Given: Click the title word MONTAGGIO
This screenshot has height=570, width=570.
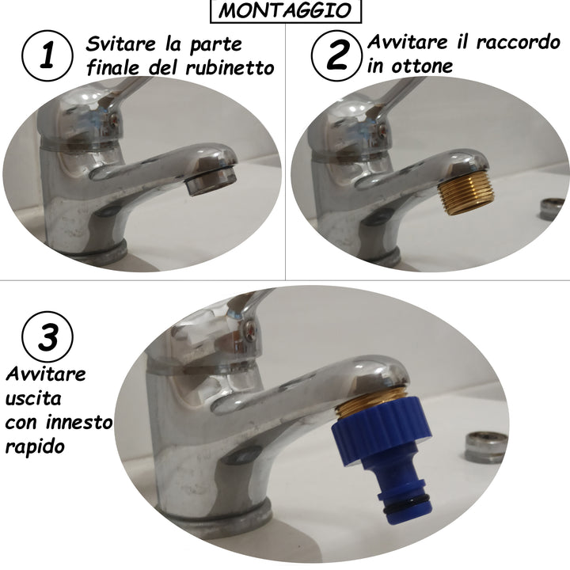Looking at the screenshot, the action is [x=285, y=10].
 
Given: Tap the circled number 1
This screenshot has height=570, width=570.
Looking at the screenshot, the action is [x=47, y=55].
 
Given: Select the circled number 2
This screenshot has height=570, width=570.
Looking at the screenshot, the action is [x=336, y=55].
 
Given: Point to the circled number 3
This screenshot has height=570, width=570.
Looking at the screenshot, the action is [x=47, y=336].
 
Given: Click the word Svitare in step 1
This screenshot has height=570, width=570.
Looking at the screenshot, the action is [x=120, y=44].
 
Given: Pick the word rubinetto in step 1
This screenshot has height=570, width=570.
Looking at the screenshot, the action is [x=230, y=68].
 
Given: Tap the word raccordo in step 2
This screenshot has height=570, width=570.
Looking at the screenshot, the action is [x=519, y=42].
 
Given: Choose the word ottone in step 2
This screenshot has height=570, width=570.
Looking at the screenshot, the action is [x=422, y=66].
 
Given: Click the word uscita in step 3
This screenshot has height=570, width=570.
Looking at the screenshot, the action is [x=33, y=398].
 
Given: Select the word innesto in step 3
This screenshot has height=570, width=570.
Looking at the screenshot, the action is [x=79, y=423].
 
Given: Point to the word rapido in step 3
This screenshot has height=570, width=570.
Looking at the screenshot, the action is [x=35, y=446].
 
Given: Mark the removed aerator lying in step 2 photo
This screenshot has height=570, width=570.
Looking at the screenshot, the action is [x=552, y=209].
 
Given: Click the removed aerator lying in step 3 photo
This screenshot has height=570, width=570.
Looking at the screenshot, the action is [x=486, y=447].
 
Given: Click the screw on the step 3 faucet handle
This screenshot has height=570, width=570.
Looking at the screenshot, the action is [x=251, y=330].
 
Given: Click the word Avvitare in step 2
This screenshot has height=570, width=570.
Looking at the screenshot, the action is [x=407, y=42].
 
